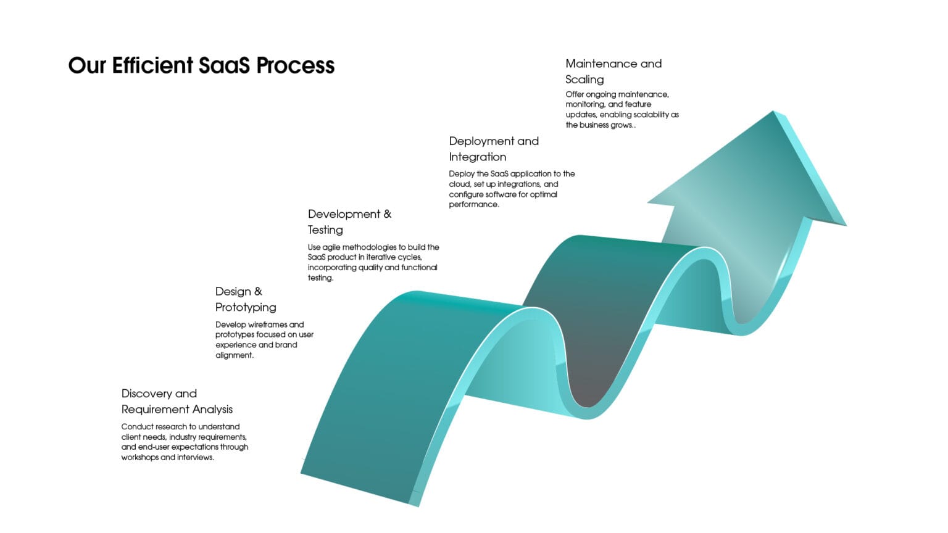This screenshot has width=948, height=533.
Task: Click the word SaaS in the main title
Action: (x=224, y=65)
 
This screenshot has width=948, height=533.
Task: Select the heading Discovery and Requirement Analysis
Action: (x=177, y=401)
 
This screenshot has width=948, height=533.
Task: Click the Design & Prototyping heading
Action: (x=246, y=299)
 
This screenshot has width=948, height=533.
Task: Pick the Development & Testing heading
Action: (x=349, y=221)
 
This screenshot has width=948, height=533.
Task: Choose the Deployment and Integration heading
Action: (x=494, y=149)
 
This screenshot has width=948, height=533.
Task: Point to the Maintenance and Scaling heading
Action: (x=613, y=71)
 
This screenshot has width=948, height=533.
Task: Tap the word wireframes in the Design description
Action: (x=268, y=324)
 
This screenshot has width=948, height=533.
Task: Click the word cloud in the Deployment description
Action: (x=460, y=184)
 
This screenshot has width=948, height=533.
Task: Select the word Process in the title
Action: (x=296, y=65)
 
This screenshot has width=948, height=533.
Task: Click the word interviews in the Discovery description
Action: (x=195, y=457)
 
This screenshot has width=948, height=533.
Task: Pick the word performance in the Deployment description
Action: (x=473, y=204)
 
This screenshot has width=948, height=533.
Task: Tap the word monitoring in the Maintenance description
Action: (x=585, y=104)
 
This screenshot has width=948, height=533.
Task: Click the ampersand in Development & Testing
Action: (x=387, y=214)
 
